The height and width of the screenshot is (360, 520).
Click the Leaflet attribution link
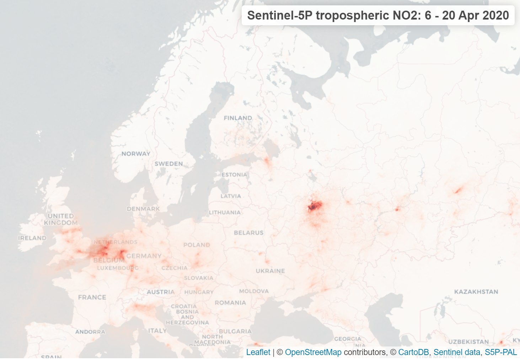pyautogui.click(x=258, y=352)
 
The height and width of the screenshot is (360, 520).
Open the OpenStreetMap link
pyautogui.click(x=313, y=352)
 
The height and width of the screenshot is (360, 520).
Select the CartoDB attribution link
pyautogui.click(x=413, y=352)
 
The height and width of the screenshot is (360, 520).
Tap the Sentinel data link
pyautogui.click(x=457, y=352)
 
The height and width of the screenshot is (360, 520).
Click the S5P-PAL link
pyautogui.click(x=500, y=352)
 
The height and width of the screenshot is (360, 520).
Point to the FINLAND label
pyautogui.click(x=238, y=118)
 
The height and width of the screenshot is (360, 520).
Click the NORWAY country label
pyautogui.click(x=136, y=154)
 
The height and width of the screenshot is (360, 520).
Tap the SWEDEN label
pyautogui.click(x=168, y=164)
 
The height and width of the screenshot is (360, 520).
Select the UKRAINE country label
pyautogui.click(x=270, y=271)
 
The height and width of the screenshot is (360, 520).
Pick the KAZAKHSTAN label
pyautogui.click(x=476, y=292)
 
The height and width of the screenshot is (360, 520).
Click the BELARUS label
pyautogui.click(x=248, y=233)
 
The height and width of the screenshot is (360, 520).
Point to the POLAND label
pyautogui.click(x=197, y=245)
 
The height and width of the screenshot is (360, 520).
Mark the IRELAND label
pyautogui.click(x=32, y=238)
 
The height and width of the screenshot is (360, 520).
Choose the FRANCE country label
pyautogui.click(x=92, y=297)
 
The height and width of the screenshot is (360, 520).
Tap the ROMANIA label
pyautogui.click(x=230, y=303)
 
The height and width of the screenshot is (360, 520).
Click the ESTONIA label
pyautogui.click(x=234, y=175)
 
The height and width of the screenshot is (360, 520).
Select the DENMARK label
pyautogui.click(x=143, y=209)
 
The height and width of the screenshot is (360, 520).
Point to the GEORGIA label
pyautogui.click(x=347, y=339)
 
